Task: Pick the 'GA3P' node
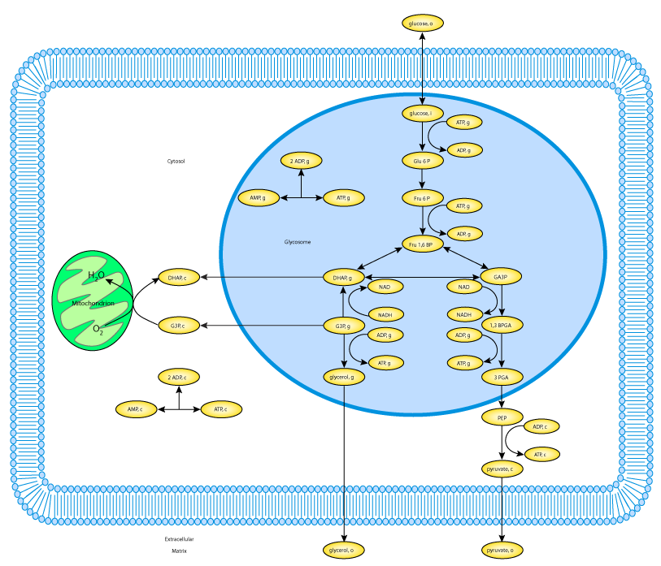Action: [500, 277]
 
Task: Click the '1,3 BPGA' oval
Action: [500, 326]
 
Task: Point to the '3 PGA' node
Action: [500, 377]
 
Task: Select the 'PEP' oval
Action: [500, 417]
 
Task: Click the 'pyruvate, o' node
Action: [500, 551]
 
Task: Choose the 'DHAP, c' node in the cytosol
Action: [177, 278]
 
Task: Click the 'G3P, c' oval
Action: [177, 326]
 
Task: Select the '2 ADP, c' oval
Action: [177, 377]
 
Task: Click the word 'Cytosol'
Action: [176, 162]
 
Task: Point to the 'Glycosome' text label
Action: [298, 242]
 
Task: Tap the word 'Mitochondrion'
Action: [93, 303]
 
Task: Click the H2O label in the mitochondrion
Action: [97, 276]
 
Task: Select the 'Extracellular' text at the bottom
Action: [179, 539]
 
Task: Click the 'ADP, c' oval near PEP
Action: [541, 426]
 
